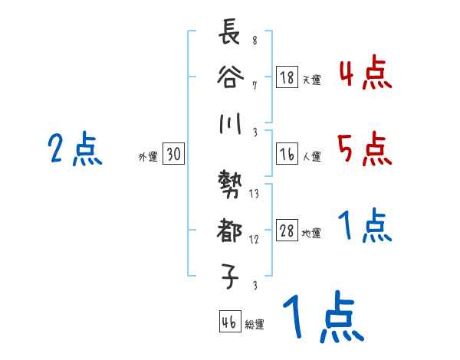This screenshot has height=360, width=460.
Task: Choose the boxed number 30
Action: (x=173, y=155)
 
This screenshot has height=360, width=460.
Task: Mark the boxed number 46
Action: (x=229, y=322)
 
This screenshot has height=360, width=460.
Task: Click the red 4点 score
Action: (x=365, y=74)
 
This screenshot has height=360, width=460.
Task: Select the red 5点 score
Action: (x=365, y=149)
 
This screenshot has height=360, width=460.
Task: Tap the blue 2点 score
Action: (x=75, y=149)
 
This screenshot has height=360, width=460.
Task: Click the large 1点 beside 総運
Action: (x=322, y=319)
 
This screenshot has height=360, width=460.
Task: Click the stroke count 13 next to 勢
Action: (x=255, y=194)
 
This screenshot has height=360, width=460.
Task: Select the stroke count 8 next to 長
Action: (x=255, y=41)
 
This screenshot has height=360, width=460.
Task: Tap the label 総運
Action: (x=255, y=326)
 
